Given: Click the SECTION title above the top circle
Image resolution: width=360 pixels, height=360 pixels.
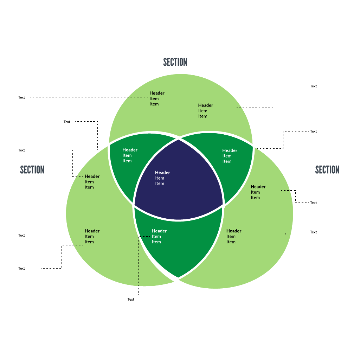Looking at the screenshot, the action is (175, 62).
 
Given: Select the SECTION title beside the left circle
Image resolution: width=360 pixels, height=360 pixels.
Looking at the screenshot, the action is (32, 170).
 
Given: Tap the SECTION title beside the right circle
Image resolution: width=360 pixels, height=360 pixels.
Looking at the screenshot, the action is (327, 170).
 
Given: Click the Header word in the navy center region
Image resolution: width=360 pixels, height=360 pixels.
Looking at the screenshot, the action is (162, 172).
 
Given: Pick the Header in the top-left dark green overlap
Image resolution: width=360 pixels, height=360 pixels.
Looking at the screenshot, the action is (130, 150).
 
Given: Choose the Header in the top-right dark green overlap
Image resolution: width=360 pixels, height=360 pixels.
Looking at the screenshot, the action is (230, 150).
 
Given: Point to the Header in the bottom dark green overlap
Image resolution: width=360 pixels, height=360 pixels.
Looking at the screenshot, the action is (159, 231).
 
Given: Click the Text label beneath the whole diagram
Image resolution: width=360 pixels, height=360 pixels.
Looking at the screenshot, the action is (131, 300).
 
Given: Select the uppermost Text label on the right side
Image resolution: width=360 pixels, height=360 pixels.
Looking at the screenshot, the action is (313, 86).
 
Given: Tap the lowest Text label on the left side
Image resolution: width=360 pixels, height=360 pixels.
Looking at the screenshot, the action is (21, 268).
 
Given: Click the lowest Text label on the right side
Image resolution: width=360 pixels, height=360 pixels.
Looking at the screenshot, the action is (313, 232).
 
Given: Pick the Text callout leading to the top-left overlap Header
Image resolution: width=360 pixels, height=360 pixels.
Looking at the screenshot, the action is (67, 122).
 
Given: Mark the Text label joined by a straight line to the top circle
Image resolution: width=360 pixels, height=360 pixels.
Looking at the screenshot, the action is (21, 97).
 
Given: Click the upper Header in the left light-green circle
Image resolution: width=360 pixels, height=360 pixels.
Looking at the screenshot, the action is (92, 176).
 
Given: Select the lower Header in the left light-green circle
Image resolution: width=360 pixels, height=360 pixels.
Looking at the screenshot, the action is (92, 231).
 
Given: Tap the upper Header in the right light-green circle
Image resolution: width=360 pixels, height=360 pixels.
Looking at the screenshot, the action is (258, 187).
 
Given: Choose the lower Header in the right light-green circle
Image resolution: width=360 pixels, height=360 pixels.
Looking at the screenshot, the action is (234, 231).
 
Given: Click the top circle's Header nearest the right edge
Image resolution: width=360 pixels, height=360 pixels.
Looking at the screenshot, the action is (206, 105).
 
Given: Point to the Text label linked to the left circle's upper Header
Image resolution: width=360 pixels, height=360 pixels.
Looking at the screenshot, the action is (21, 150).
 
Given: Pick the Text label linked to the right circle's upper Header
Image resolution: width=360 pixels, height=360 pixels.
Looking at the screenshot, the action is (313, 203).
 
